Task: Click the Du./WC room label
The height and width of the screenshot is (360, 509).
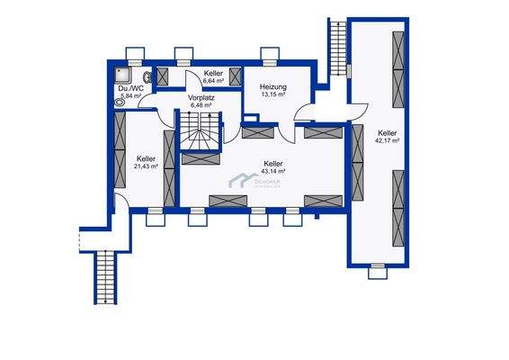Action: click(131, 88)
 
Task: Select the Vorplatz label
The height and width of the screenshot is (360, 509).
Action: click(200, 97)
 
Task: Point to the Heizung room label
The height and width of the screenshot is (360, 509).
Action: click(273, 86)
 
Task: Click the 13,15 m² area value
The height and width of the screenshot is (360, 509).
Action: click(273, 94)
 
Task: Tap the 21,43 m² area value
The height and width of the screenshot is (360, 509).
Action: click(146, 166)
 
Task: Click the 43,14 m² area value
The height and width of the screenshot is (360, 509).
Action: click(272, 171)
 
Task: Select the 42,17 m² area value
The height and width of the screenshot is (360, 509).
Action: click(388, 140)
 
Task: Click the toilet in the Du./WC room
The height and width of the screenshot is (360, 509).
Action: click(121, 102)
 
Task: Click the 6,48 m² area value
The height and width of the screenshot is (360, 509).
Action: click(200, 105)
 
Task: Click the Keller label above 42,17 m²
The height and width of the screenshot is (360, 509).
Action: click(388, 132)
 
